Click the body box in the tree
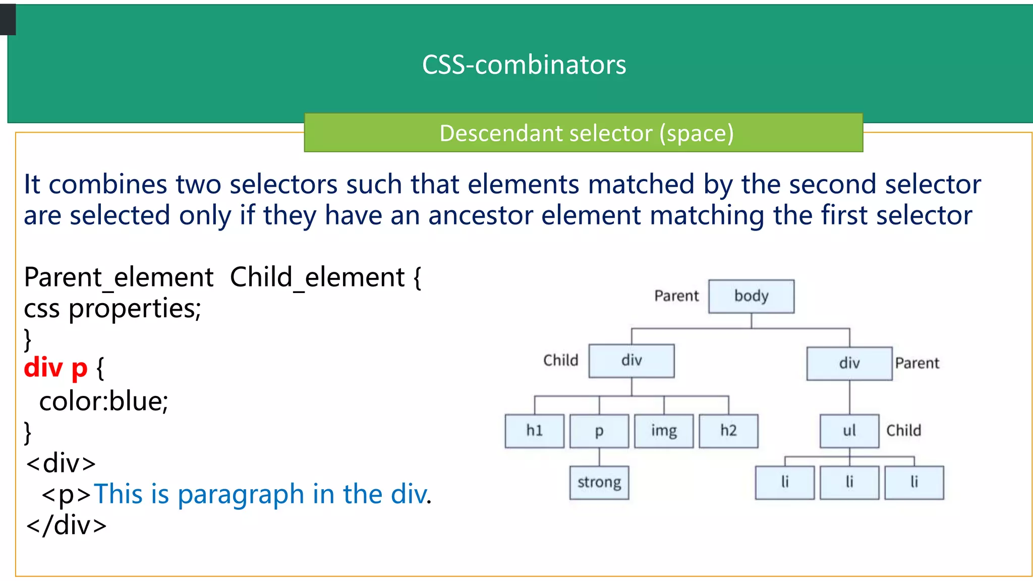(751, 296)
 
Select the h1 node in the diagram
(534, 431)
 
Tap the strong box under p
(599, 483)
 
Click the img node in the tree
(664, 431)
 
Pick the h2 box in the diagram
(728, 431)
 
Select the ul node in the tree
(849, 431)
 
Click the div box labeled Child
(632, 361)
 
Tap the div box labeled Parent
(849, 363)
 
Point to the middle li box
(849, 483)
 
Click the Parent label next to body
(676, 296)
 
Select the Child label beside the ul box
(903, 431)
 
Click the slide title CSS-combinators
(524, 65)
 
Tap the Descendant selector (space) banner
(586, 133)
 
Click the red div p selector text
(55, 368)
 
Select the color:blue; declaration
(103, 401)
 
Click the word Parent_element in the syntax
(119, 277)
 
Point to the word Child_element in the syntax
(317, 277)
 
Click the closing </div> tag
(67, 526)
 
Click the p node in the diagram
(599, 431)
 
